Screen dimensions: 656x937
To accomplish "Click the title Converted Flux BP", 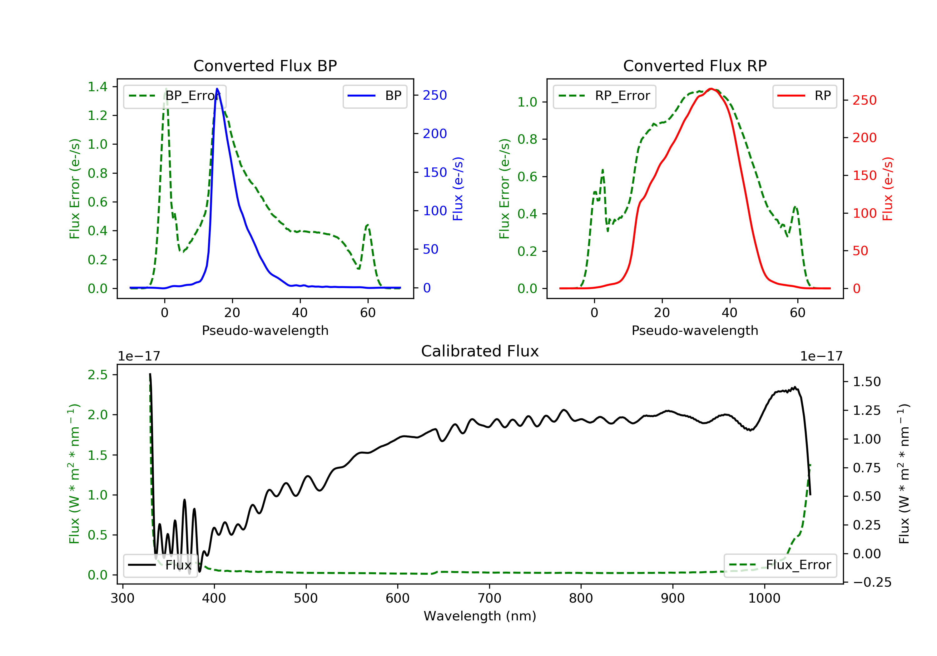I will pyautogui.click(x=265, y=66).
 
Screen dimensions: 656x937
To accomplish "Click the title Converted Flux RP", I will pyautogui.click(x=695, y=66).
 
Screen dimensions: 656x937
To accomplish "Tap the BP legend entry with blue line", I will pyautogui.click(x=374, y=96).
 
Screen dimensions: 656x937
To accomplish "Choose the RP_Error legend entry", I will pyautogui.click(x=604, y=96).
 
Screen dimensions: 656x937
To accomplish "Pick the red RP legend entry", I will pyautogui.click(x=804, y=96).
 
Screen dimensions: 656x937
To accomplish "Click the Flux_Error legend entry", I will pyautogui.click(x=780, y=565).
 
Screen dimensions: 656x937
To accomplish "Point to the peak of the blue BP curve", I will pyautogui.click(x=217, y=89).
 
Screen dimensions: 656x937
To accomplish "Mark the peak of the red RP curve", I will pyautogui.click(x=711, y=89).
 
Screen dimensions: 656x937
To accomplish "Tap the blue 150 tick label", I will pyautogui.click(x=435, y=172).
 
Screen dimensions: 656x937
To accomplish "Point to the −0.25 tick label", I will pyautogui.click(x=872, y=582).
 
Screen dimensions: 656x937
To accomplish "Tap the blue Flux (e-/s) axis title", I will pyautogui.click(x=458, y=189).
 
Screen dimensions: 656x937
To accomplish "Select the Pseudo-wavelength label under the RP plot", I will pyautogui.click(x=695, y=330).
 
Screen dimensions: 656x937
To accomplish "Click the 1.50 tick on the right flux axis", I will pyautogui.click(x=867, y=382).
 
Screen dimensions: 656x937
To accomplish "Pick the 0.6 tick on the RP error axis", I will pyautogui.click(x=527, y=177).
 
